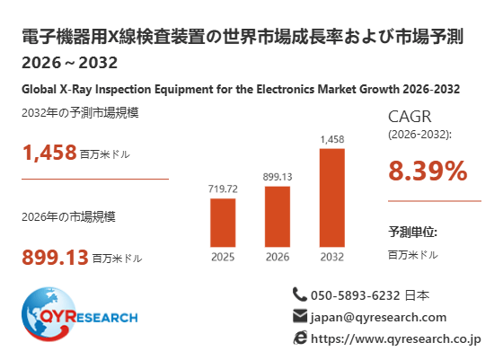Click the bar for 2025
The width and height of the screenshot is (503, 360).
[x=223, y=223]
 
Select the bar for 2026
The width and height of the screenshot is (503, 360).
[x=278, y=216]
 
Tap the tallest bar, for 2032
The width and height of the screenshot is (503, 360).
[x=332, y=198]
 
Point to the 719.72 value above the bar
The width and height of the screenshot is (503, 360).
[x=223, y=189]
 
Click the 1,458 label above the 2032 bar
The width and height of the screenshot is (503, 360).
[x=332, y=139]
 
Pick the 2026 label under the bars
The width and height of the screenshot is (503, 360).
[x=278, y=257]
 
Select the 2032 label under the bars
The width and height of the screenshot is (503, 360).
[x=332, y=257]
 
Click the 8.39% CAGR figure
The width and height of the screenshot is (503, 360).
[x=428, y=171]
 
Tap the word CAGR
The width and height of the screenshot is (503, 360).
[x=410, y=117]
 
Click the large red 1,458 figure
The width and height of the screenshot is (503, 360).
[x=49, y=153]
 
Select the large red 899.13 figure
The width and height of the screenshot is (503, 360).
[x=55, y=257]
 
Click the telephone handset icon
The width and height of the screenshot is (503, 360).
[x=300, y=294]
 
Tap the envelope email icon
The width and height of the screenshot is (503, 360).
[x=300, y=316]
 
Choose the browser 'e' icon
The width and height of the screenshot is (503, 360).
[x=300, y=338]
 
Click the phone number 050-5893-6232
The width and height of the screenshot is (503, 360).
[x=356, y=295]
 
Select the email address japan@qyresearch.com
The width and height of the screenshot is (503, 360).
[x=378, y=318]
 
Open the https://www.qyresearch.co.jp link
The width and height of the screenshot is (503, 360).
[x=396, y=338]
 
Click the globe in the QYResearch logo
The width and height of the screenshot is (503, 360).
[x=49, y=314]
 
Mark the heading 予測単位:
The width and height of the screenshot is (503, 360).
[x=412, y=232]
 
